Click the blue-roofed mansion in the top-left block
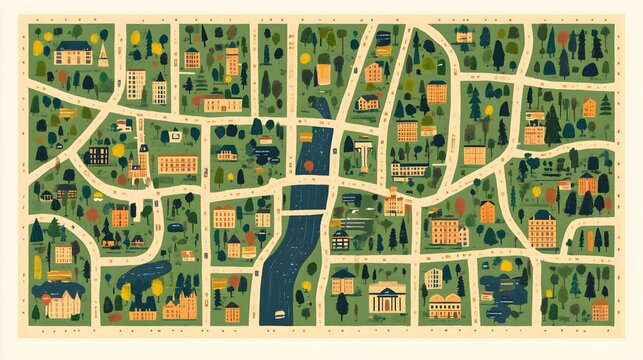click(x=72, y=52)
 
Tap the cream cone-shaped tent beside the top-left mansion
click(x=103, y=55)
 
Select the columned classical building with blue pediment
click(x=387, y=298)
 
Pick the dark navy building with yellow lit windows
click(x=97, y=155)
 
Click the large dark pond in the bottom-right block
click(x=499, y=289)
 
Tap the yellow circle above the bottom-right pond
click(x=506, y=265)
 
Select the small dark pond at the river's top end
click(x=320, y=105)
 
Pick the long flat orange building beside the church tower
click(x=177, y=164)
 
